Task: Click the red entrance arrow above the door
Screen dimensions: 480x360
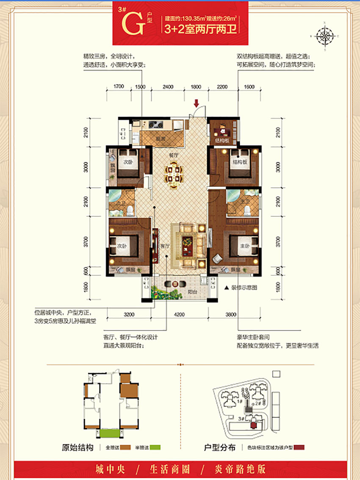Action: pos(197,103)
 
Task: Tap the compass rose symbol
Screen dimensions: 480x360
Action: pos(325,35)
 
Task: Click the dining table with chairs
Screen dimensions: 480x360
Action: pos(174,174)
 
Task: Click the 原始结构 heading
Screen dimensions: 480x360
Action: pos(78,447)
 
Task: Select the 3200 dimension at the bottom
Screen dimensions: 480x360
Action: pos(129,314)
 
